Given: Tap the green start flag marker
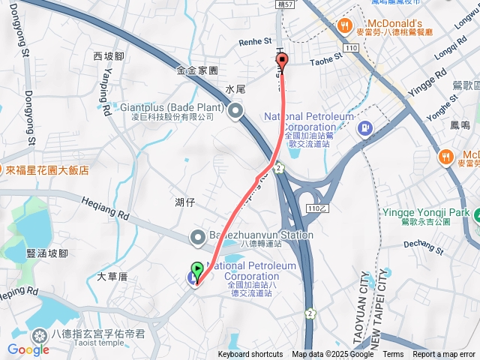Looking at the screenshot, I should (196, 269).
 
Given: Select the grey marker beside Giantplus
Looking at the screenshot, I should (236, 113).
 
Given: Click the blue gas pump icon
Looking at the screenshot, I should (365, 129).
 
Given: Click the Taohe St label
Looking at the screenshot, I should (326, 62).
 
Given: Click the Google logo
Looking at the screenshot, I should (28, 349).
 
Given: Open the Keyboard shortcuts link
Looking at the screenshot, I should (250, 355).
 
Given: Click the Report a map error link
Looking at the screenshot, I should (444, 355).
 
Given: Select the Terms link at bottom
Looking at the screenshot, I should (393, 355).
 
